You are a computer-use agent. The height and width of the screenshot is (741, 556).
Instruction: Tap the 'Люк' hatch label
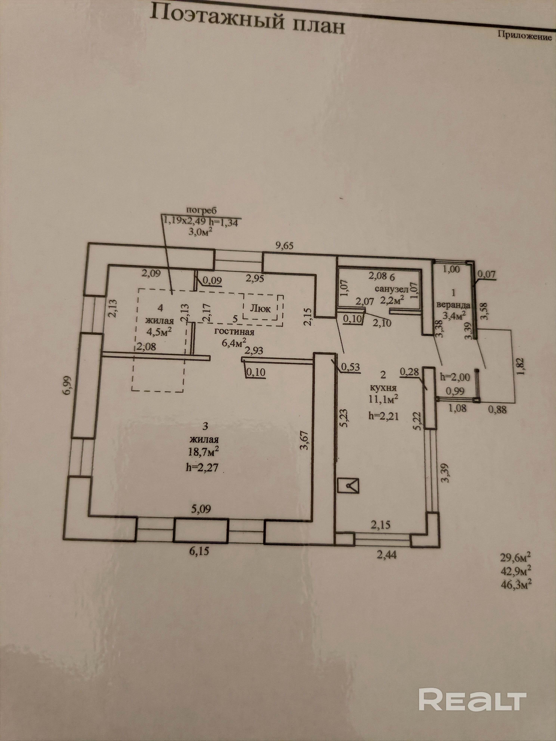260,308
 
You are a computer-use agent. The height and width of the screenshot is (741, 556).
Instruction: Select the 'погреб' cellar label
201,210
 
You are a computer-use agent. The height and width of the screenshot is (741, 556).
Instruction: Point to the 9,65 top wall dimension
284,246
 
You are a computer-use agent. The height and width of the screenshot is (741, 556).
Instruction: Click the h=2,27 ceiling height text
202,467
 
